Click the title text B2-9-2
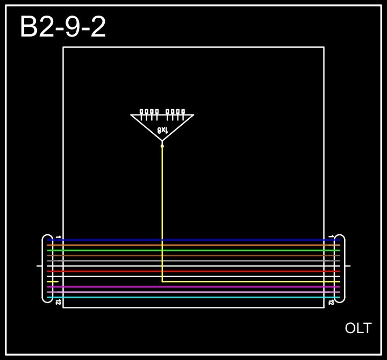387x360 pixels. pos(63,27)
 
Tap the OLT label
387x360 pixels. pos(358,328)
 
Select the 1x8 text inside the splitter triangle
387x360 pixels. pos(162,130)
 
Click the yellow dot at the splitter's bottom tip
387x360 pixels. pos(162,146)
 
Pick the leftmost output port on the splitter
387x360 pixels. pos(142,112)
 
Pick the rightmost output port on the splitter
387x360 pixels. pos(183,112)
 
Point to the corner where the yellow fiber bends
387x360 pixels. pos(162,282)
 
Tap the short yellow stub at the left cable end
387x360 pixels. pos(53,282)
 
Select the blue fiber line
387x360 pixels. pos(193,240)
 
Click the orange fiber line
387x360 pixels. pos(193,245)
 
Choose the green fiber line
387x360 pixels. pos(193,250)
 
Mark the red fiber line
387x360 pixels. pos(193,271)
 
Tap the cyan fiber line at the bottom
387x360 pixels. pos(193,297)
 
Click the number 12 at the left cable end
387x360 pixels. pos(58,303)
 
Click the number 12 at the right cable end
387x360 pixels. pos(331,303)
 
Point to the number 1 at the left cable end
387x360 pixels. pos(58,236)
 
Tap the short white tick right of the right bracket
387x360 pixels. pos(348,266)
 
